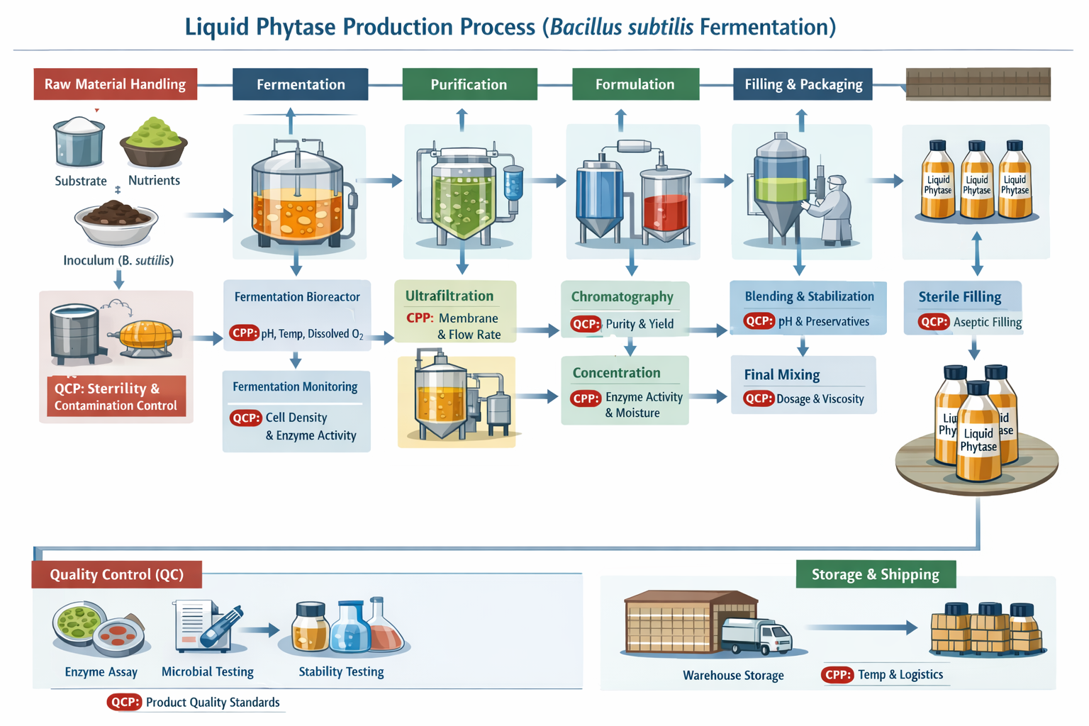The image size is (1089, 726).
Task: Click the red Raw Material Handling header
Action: (x=115, y=84)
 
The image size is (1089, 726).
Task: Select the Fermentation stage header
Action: (x=301, y=84)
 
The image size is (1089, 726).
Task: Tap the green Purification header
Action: (x=469, y=84)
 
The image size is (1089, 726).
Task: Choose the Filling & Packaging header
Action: (x=803, y=84)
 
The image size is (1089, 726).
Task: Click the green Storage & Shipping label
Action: (x=875, y=574)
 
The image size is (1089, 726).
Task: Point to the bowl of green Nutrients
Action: (x=153, y=143)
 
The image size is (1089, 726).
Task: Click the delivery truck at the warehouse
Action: (x=757, y=635)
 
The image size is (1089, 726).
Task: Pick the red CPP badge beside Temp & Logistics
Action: (x=838, y=675)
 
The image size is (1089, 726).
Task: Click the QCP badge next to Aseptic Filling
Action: (x=933, y=322)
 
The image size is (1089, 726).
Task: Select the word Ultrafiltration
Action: (x=449, y=296)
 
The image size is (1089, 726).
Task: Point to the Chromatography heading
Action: (x=622, y=297)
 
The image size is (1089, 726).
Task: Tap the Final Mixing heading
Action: (x=781, y=375)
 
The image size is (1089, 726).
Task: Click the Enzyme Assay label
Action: (x=101, y=672)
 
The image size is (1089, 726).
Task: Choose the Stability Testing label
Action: (x=341, y=672)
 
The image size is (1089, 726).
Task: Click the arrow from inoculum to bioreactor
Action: (x=209, y=215)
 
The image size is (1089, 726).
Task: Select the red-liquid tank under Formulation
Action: (x=665, y=206)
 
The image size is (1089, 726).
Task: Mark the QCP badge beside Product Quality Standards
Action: (x=125, y=703)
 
